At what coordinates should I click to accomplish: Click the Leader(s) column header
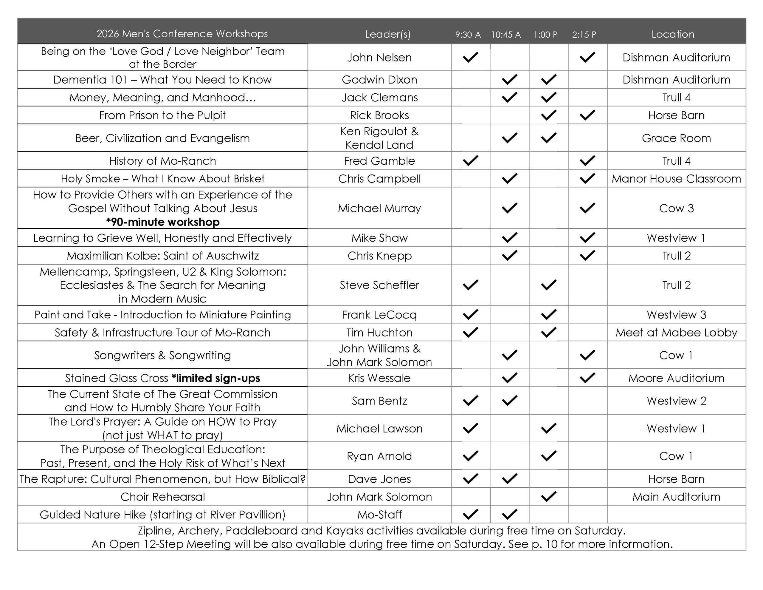tap(387, 34)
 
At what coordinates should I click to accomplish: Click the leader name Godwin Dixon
tap(379, 80)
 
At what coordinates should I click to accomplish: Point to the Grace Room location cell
tap(676, 138)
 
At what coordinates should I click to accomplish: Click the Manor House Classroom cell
tap(676, 179)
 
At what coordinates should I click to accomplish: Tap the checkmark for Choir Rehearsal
tap(548, 496)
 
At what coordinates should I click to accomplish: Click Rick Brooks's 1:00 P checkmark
tap(548, 115)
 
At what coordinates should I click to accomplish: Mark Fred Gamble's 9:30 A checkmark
tap(470, 160)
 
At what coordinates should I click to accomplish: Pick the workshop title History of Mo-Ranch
tap(162, 161)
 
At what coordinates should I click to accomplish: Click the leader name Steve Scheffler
tap(379, 285)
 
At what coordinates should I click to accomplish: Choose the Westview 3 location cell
tap(676, 315)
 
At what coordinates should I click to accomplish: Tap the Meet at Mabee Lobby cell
tap(676, 333)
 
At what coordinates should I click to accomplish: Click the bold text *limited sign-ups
tap(216, 378)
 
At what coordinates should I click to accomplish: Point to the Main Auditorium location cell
tap(676, 497)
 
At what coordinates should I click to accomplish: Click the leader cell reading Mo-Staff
tap(379, 515)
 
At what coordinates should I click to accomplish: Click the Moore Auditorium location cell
tap(676, 378)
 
